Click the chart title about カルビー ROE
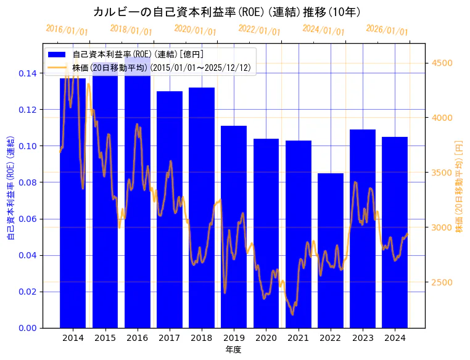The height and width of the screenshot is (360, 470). pyautogui.click(x=226, y=12)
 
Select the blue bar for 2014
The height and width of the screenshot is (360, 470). pyautogui.click(x=73, y=203)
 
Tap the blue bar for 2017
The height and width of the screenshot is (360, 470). pyautogui.click(x=169, y=210)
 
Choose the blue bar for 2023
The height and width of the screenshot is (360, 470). pyautogui.click(x=362, y=228)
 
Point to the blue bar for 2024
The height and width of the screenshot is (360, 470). pyautogui.click(x=395, y=232)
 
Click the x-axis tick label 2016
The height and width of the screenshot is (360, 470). pyautogui.click(x=137, y=337)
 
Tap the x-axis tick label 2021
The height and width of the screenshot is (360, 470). pyautogui.click(x=298, y=337)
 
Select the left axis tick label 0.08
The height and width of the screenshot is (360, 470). pyautogui.click(x=27, y=182)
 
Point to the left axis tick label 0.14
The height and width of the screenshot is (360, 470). pyautogui.click(x=27, y=73)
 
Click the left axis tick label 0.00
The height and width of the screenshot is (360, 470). pyautogui.click(x=27, y=328)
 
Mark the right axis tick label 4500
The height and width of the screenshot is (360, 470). pyautogui.click(x=442, y=63)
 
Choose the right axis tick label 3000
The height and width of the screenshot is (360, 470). pyautogui.click(x=442, y=227)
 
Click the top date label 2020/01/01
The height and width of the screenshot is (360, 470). pyautogui.click(x=195, y=30)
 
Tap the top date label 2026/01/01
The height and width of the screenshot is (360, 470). pyautogui.click(x=387, y=30)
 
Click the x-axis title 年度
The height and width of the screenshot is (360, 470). pyautogui.click(x=234, y=350)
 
